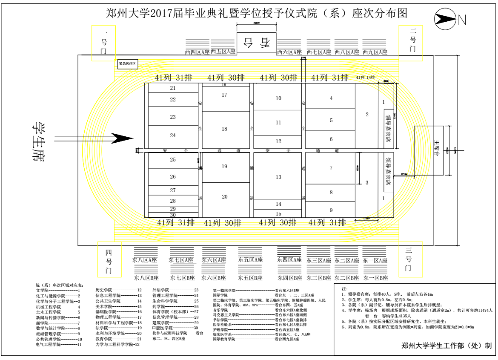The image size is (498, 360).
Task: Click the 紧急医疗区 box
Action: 127,64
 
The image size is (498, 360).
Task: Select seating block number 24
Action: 173,135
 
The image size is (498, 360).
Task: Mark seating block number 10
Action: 279,98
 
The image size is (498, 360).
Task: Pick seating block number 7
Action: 331,168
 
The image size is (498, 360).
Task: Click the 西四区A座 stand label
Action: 197,52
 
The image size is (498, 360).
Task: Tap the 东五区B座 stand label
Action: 249,279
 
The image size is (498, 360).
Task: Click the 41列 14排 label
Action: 365,78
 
